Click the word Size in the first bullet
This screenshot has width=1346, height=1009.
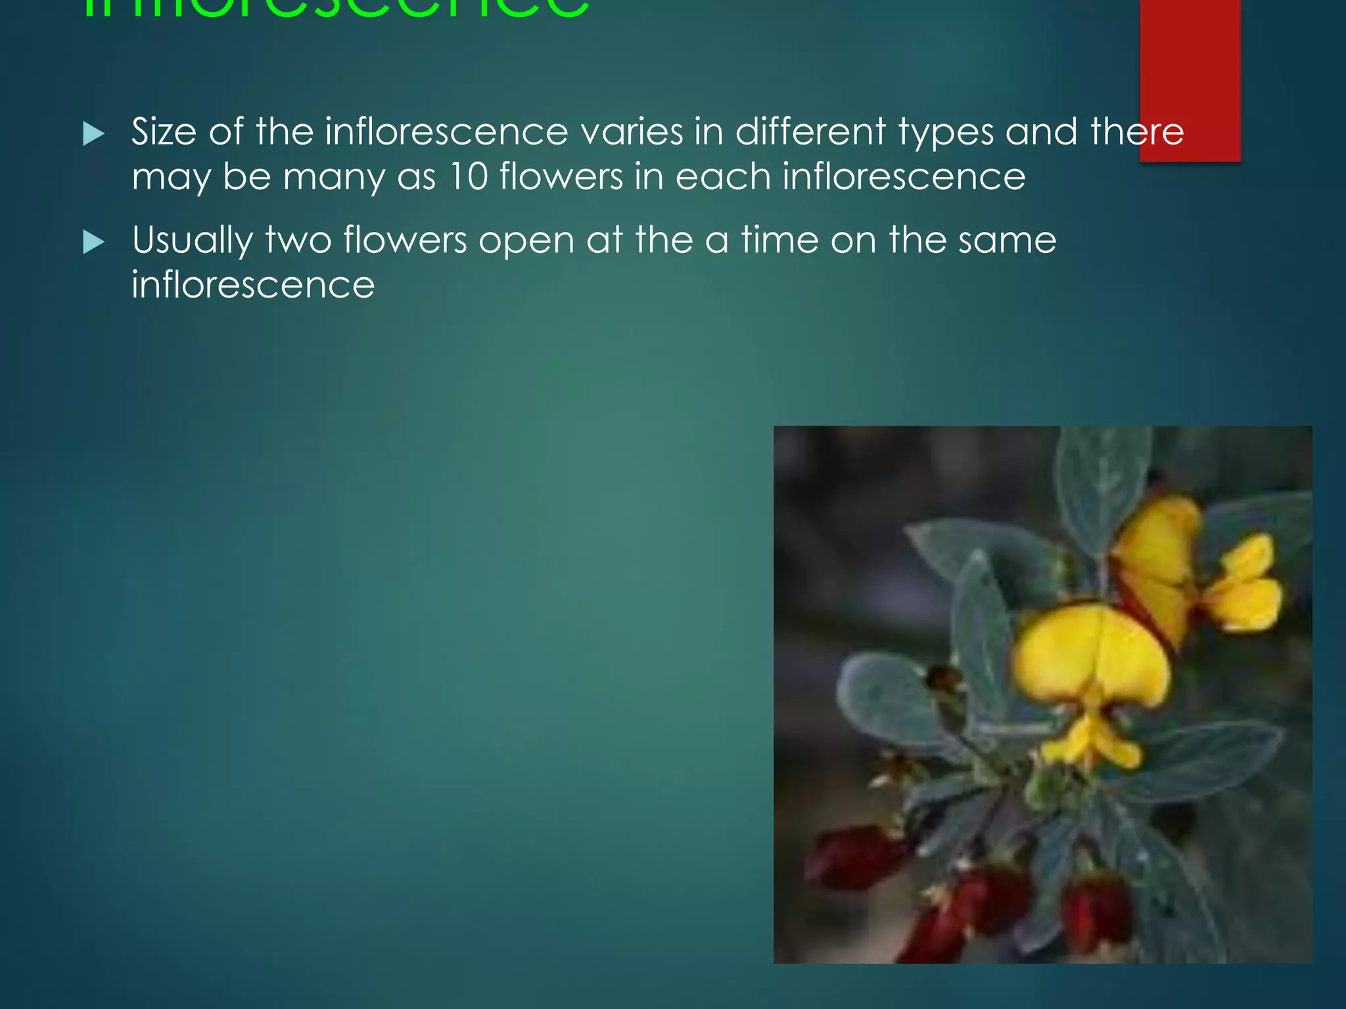164,131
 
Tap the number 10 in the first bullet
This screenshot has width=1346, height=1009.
469,177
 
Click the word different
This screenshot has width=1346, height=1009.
810,131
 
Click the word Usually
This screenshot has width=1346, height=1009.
192,241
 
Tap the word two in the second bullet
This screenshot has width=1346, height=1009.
298,240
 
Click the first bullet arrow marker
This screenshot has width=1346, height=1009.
93,135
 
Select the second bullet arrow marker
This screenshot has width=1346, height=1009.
93,243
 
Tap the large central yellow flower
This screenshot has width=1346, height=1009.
1091,663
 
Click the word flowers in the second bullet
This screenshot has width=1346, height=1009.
405,240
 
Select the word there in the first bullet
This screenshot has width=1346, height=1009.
1137,131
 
